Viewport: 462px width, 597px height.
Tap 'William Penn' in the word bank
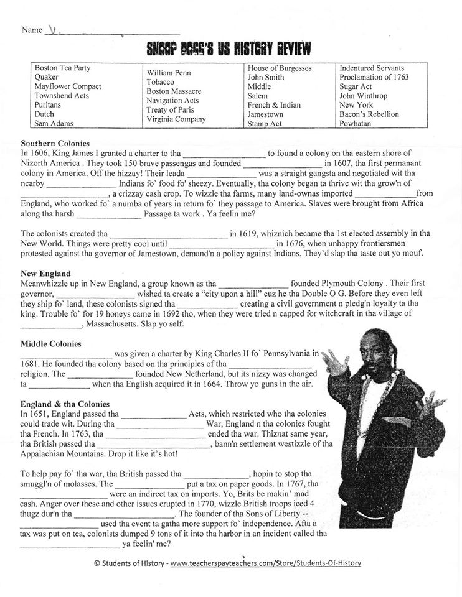169,73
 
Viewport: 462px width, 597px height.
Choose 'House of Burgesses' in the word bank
280,68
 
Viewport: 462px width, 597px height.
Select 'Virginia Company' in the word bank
176,119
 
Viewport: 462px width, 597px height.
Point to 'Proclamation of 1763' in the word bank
374,77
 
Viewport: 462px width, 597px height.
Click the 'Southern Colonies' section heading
55,143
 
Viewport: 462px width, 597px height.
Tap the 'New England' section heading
45,273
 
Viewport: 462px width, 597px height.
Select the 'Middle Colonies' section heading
51,343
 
